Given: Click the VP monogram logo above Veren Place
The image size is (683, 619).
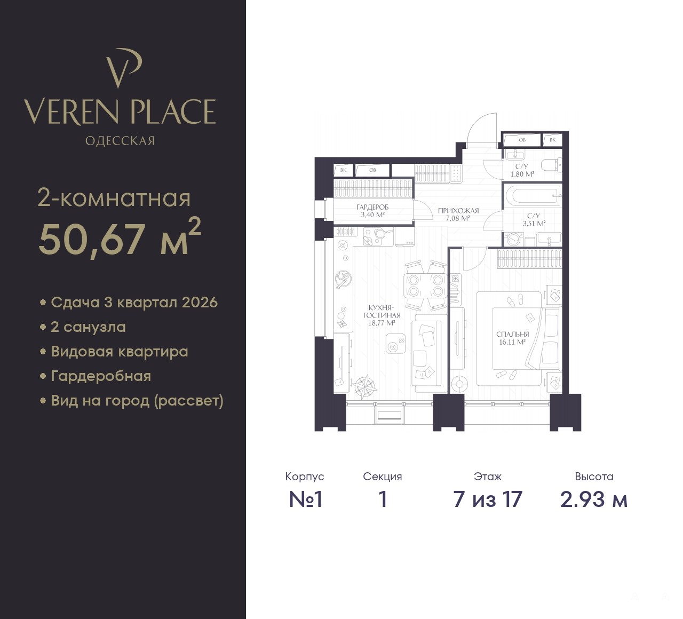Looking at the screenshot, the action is coord(123,68).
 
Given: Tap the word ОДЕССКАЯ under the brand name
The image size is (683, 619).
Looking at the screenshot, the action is coord(120,141).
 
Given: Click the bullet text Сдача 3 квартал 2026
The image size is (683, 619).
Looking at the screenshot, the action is coord(134,303).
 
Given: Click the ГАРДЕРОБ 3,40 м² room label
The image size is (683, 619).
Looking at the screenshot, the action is coord(372,211).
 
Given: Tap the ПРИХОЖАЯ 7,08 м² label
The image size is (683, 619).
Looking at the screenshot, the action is coord(458,214).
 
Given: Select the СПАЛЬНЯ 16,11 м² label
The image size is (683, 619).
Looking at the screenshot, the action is coord(512,338).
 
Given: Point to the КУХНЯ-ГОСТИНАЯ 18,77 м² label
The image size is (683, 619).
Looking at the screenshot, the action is coord(382,315).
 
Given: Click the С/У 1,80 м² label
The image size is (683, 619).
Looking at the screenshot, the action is coord(522,170).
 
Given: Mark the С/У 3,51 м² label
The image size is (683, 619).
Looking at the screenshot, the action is coord(534,220).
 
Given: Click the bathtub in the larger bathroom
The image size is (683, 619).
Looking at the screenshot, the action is coord(532,196).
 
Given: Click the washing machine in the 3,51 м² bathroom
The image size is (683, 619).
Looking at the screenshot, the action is coord(513,239).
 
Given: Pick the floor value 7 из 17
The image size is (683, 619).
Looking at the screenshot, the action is coord(488,499).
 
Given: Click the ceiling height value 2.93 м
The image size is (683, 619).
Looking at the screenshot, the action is coord(594,499).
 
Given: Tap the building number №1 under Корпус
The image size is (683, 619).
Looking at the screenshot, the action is coord(305,499).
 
